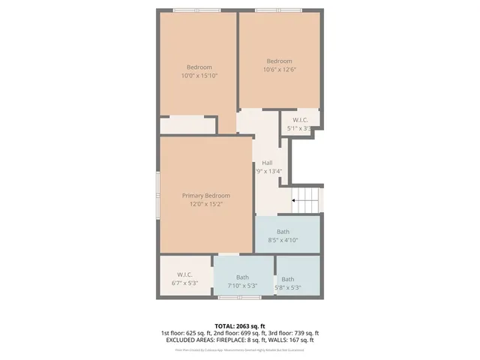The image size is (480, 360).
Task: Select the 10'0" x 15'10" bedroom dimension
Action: tap(199, 76)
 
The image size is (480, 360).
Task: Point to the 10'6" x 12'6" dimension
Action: tap(278, 70)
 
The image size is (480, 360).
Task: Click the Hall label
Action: tap(267, 163)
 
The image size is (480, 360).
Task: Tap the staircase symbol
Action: tap(307, 201)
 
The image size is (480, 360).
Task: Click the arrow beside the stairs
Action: tap(295, 201)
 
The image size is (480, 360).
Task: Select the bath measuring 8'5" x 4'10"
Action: tap(283, 236)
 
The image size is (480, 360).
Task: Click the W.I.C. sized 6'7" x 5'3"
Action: tap(184, 279)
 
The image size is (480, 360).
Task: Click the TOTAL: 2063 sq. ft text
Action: tap(239, 326)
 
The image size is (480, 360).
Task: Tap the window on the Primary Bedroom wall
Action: tap(157, 195)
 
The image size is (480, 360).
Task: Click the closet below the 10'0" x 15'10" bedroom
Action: tap(187, 125)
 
